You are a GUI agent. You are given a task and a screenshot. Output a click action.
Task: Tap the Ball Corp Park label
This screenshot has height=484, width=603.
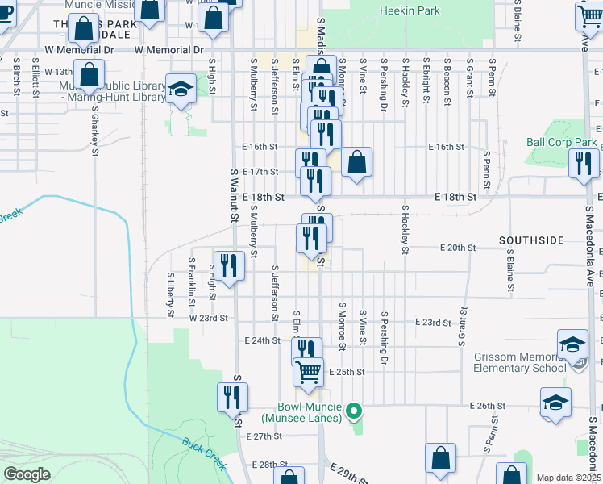click(x=562, y=142)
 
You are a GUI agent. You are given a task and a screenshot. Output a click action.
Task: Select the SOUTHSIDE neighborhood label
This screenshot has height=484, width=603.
click(x=531, y=240)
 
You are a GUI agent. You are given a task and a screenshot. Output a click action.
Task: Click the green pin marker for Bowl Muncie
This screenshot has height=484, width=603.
click(x=353, y=414)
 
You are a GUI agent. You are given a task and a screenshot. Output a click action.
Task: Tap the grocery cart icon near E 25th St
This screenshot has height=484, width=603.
click(x=308, y=373)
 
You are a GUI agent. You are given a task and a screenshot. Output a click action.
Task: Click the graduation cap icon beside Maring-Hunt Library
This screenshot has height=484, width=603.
click(x=181, y=90)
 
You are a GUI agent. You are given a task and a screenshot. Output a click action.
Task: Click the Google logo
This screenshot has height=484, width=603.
click(x=27, y=474)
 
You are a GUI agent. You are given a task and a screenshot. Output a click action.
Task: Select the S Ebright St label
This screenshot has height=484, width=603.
click(x=424, y=81)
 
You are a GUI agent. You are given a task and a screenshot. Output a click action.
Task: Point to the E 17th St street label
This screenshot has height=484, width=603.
click(x=260, y=172)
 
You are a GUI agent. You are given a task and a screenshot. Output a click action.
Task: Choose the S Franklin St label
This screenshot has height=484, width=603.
click(x=192, y=282)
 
